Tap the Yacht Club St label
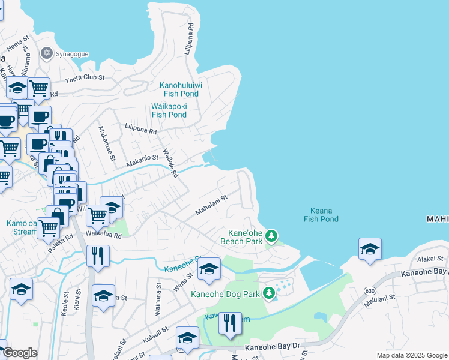click(85, 78)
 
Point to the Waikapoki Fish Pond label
click(169, 110)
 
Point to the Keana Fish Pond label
click(321, 215)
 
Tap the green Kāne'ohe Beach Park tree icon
click(271, 236)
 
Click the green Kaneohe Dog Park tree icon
click(270, 293)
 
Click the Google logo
click(20, 353)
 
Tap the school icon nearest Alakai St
click(370, 249)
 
